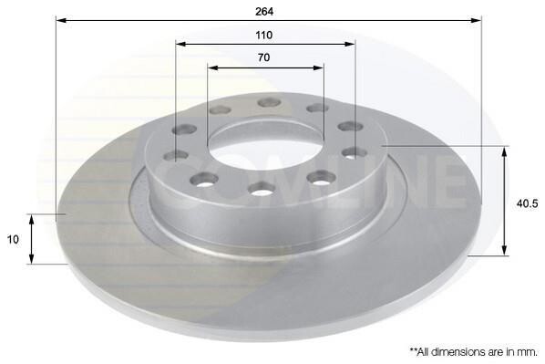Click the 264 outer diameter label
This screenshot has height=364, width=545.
click(264, 12)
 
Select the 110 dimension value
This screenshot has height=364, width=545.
click(264, 36)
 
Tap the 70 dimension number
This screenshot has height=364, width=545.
click(263, 57)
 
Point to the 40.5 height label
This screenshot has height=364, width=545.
click(527, 204)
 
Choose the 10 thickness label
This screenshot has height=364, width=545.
click(13, 239)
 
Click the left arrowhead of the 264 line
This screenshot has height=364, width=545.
click(61, 20)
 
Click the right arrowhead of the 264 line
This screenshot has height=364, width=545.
click(476, 20)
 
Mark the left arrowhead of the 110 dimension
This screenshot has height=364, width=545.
click(180, 44)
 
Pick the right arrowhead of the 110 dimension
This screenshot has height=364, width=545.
click(350, 44)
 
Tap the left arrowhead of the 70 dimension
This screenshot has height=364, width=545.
click(212, 68)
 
